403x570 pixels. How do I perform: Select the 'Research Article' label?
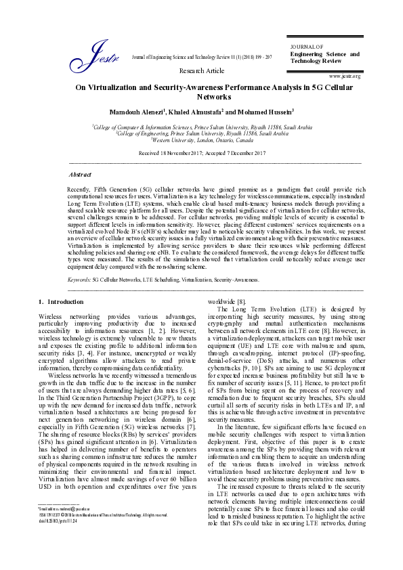click(x=201, y=70)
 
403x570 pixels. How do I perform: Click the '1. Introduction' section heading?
click(x=61, y=301)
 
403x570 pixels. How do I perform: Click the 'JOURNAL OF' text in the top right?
click(x=305, y=47)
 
